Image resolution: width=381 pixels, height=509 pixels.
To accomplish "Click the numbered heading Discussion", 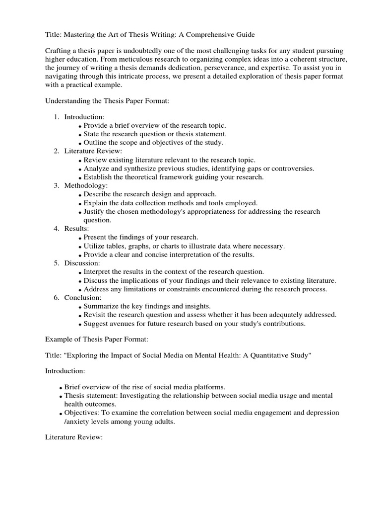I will pyautogui.click(x=82, y=263).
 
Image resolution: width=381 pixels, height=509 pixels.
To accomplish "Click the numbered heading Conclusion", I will pyautogui.click(x=83, y=297).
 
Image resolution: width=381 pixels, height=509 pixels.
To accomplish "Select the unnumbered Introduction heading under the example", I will pyautogui.click(x=65, y=371).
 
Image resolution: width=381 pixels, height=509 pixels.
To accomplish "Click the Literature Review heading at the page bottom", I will pyautogui.click(x=73, y=437).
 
